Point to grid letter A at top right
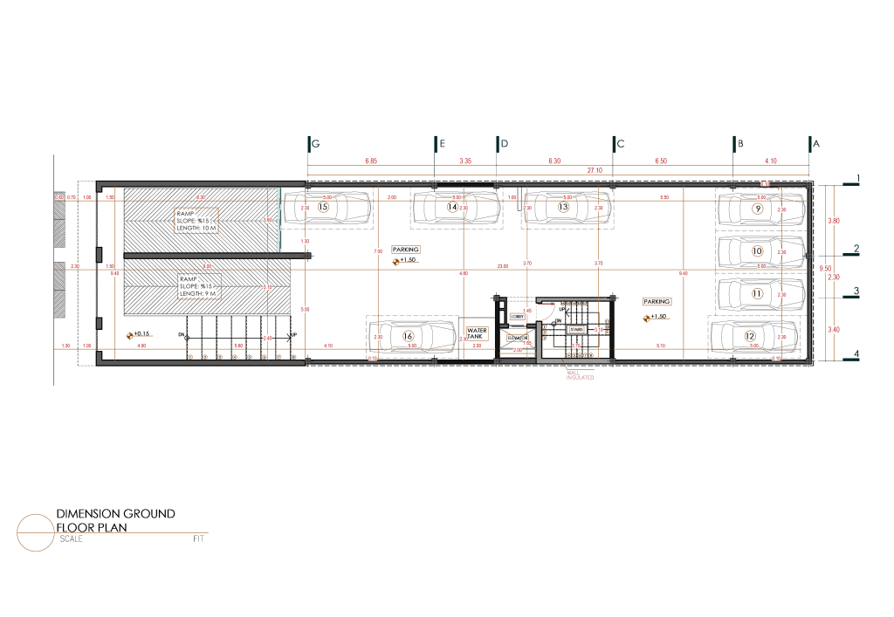(x=816, y=142)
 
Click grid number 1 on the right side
(x=857, y=180)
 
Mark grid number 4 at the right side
(x=857, y=354)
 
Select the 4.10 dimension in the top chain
(x=771, y=161)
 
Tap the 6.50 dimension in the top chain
(x=661, y=161)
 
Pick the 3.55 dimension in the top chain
(x=465, y=161)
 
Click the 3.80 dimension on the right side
(x=833, y=221)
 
